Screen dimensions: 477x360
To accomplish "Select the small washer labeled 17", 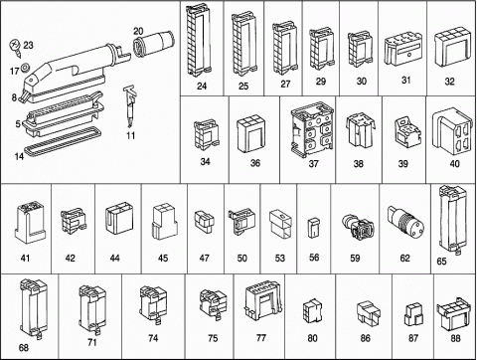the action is click(25, 68).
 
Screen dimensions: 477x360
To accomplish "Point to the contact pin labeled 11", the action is click(130, 106).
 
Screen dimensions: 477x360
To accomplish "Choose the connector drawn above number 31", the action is click(403, 51).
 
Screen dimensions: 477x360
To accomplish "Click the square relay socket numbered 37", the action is click(312, 129).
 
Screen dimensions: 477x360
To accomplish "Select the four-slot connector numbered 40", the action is click(451, 131).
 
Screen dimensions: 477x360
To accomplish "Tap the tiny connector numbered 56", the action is click(313, 228).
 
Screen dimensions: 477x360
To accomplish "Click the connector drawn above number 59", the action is click(358, 228).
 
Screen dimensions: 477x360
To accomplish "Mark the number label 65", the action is click(441, 262).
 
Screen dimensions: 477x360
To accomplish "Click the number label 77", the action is click(261, 337).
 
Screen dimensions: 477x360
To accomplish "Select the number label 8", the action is click(14, 97).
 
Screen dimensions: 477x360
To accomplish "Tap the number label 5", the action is click(18, 124).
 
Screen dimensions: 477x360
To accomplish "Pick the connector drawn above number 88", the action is click(453, 313).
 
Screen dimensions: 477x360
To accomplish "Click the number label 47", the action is click(204, 258).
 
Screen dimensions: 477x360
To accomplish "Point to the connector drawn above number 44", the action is click(119, 218).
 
